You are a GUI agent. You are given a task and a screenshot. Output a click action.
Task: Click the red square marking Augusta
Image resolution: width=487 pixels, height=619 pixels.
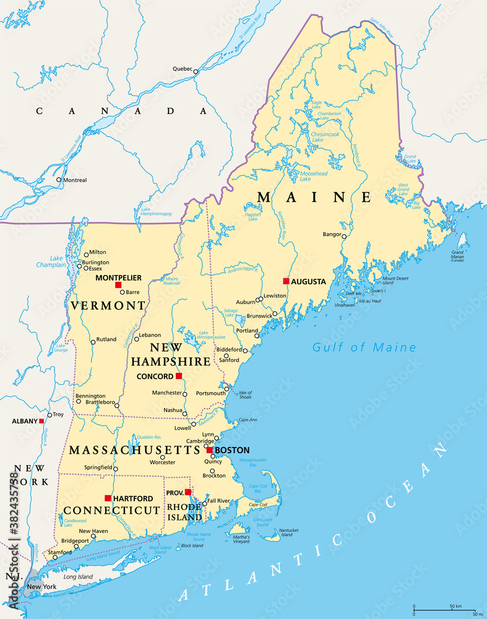[x=286, y=281]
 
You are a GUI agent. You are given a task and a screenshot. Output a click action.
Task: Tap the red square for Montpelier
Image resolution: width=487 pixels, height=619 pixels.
[x=118, y=285]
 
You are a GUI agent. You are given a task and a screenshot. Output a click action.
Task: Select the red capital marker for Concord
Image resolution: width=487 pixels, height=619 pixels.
[x=179, y=376]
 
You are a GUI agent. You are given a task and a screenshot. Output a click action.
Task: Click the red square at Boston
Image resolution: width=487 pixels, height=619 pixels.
[x=210, y=450]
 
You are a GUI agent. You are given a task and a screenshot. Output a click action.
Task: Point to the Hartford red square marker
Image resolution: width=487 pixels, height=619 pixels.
[x=108, y=498]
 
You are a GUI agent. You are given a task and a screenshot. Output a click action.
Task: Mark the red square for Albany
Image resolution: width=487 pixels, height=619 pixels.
[x=41, y=421]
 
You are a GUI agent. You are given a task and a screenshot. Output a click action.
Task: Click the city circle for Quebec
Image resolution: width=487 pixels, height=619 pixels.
[x=196, y=72]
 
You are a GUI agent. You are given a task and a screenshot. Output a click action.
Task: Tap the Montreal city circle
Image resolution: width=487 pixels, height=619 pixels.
[x=59, y=180]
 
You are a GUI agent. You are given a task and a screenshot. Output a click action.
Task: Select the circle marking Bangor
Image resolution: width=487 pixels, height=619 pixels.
[x=344, y=235]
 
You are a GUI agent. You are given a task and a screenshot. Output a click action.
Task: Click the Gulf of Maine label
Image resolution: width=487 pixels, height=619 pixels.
[x=364, y=347]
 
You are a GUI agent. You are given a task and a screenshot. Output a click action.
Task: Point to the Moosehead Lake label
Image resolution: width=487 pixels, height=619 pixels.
[x=314, y=177]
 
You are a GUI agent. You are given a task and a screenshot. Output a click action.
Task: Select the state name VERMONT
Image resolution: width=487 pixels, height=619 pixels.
[x=108, y=306]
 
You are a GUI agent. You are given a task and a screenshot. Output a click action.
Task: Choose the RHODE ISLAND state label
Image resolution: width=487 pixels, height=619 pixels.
[x=185, y=512]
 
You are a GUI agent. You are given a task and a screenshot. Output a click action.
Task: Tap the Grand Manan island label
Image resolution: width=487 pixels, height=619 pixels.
[x=457, y=254]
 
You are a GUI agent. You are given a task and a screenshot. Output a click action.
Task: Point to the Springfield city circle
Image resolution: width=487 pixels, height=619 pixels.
[x=114, y=467]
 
